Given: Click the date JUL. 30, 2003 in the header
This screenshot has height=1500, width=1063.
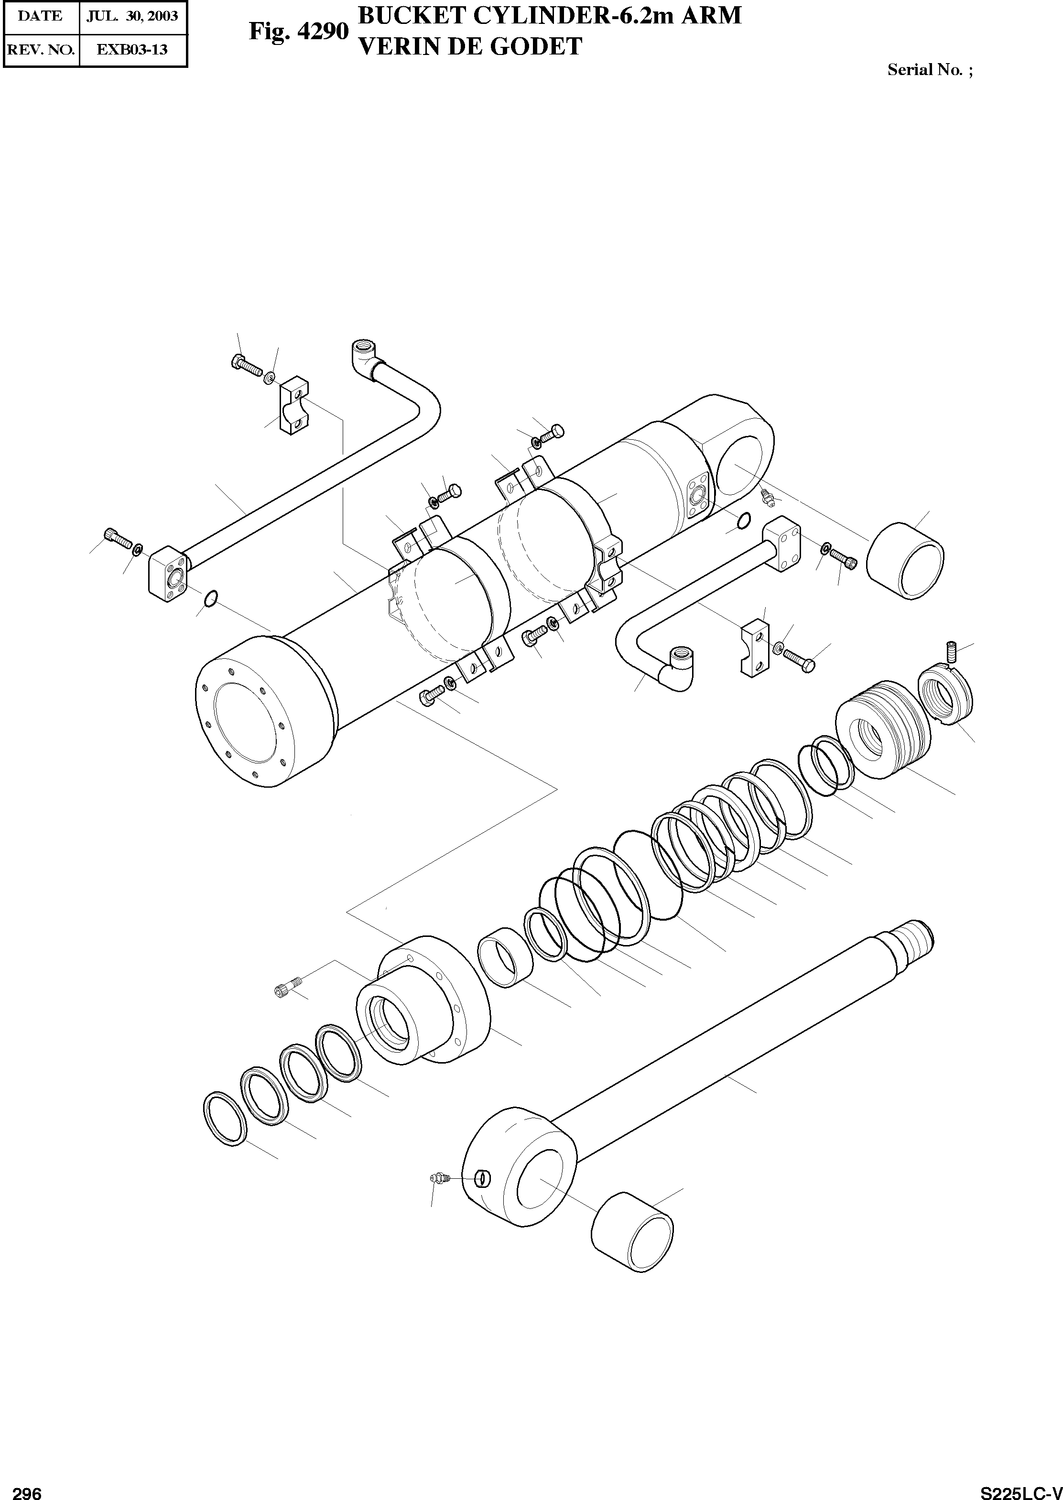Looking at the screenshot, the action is point(133,16).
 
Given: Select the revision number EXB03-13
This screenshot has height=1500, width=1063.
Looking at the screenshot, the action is point(132,49).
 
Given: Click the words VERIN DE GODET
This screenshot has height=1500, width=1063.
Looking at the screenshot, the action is point(469,46).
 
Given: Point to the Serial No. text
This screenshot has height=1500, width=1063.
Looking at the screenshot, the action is point(930,70).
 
